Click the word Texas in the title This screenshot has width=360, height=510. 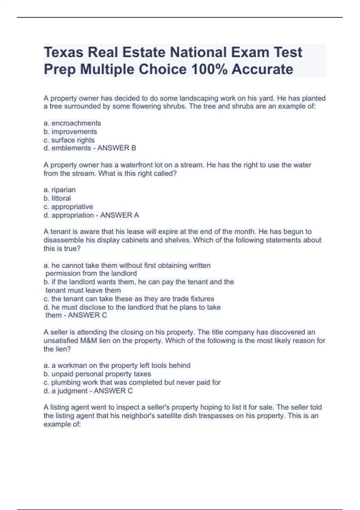[x=63, y=52]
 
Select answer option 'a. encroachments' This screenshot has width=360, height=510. [x=72, y=123]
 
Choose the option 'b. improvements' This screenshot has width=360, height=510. [x=70, y=131]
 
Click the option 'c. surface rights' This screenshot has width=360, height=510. [x=69, y=140]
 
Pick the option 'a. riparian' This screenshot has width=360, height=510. [x=60, y=190]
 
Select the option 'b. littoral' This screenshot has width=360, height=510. [x=57, y=198]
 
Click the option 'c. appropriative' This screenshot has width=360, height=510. [x=68, y=207]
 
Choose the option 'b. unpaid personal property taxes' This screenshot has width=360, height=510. [x=97, y=374]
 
